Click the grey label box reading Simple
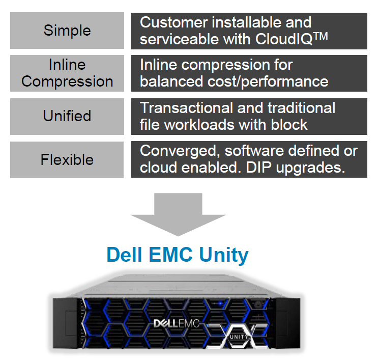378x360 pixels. click(67, 31)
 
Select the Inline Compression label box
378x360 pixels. click(67, 73)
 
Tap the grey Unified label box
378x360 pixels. click(67, 116)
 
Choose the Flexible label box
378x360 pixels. click(67, 159)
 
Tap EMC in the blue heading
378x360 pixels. click(170, 254)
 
